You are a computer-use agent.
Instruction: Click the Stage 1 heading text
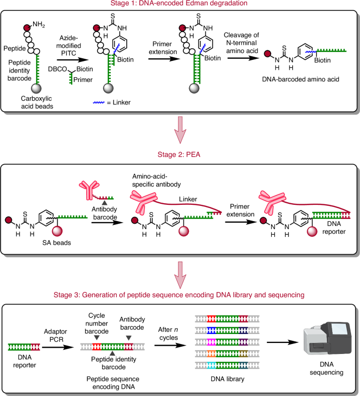[180, 5]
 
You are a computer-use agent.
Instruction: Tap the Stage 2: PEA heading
[180, 156]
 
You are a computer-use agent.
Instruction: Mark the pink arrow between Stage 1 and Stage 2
[180, 135]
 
